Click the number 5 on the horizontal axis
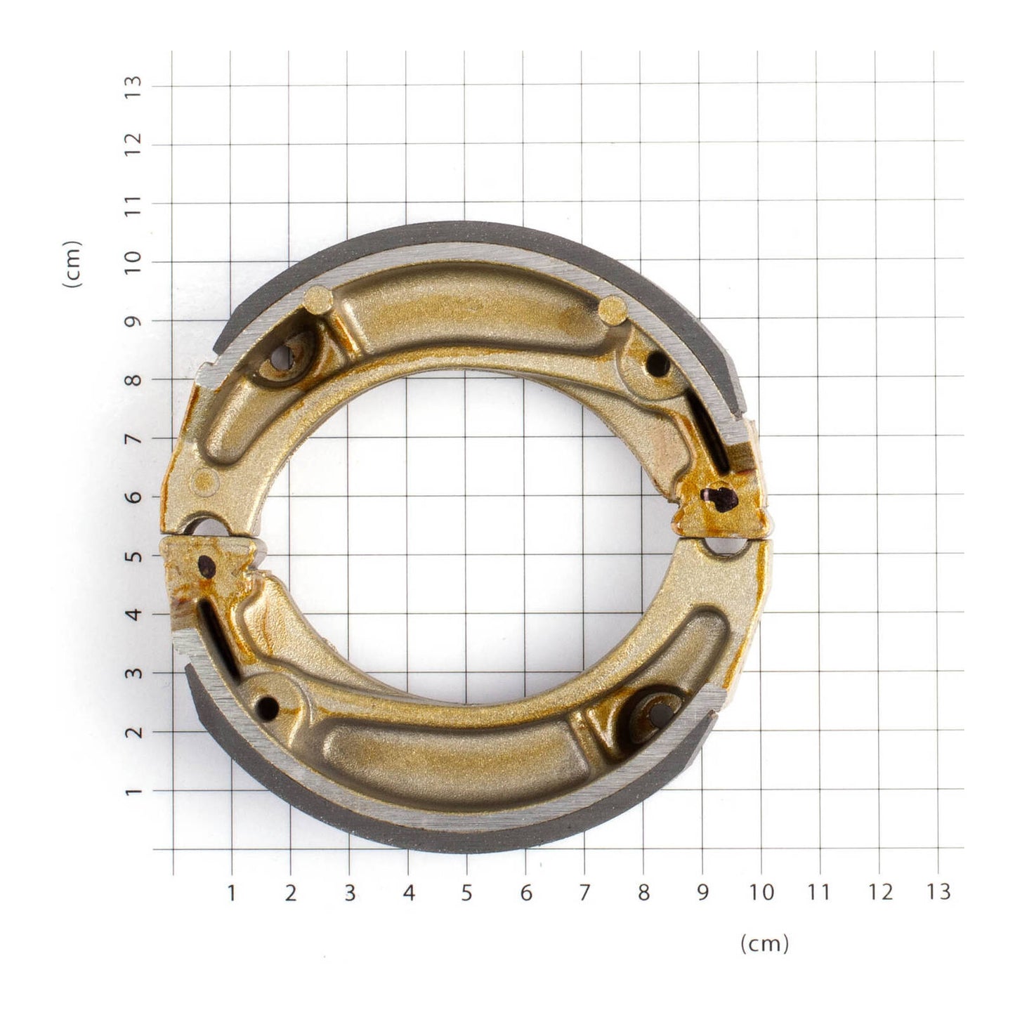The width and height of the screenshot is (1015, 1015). click(466, 893)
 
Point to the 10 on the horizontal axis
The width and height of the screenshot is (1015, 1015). click(761, 893)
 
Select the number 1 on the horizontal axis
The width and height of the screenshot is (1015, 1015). click(231, 893)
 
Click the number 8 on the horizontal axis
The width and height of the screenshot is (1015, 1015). click(643, 893)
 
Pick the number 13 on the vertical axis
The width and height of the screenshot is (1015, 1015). click(133, 86)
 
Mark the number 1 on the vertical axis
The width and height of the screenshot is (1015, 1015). click(133, 791)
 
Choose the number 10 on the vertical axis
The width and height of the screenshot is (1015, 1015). click(133, 262)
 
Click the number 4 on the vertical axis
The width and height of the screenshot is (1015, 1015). click(133, 614)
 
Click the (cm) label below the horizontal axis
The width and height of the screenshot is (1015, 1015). click(764, 943)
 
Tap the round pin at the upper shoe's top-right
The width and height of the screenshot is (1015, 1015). click(613, 309)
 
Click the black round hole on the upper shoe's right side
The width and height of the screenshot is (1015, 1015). click(657, 363)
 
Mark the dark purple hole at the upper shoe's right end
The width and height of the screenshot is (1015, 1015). click(720, 498)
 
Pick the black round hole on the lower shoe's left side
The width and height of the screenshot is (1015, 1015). click(268, 706)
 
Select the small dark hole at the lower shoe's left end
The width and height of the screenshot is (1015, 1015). click(207, 562)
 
